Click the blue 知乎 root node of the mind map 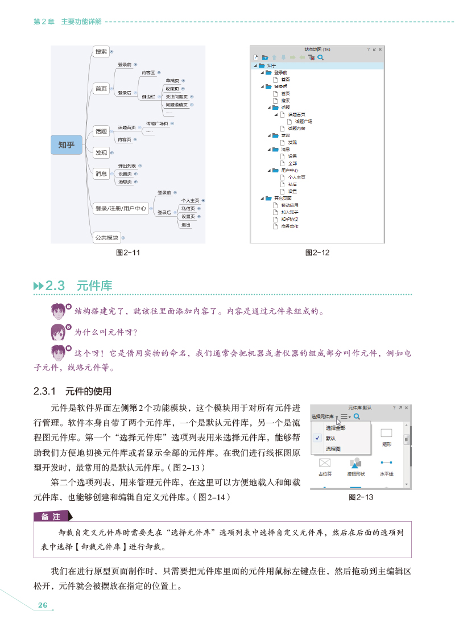click(x=67, y=145)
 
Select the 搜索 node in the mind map click(x=101, y=52)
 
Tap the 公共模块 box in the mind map click(x=106, y=237)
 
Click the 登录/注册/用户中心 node click(x=121, y=209)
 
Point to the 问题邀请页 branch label click(x=176, y=105)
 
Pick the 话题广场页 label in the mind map click(x=157, y=123)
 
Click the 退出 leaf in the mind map click(x=185, y=225)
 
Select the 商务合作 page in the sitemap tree click(x=289, y=226)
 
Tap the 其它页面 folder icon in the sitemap click(x=268, y=198)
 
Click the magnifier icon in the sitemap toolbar click(x=321, y=57)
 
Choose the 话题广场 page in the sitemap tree click(x=303, y=121)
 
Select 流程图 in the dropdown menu click(x=333, y=449)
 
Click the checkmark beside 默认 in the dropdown click(x=316, y=438)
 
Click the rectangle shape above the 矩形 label click(x=386, y=433)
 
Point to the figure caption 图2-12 click(x=317, y=252)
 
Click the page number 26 click(x=42, y=605)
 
